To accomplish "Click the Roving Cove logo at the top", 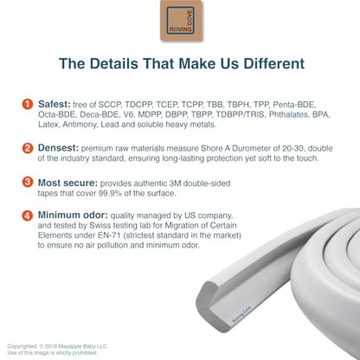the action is point(181,21).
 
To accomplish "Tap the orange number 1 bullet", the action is point(28,104).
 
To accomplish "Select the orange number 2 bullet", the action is point(28,148).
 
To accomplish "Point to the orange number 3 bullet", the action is point(28,182).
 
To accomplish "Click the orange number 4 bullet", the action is point(28,215).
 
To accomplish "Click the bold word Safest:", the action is point(55,104).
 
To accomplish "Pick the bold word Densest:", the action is point(58,148).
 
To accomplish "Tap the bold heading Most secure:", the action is point(67,183).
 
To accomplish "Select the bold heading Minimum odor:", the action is point(73,215).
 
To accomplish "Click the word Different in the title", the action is point(274,63).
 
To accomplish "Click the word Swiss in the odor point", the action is point(98,225).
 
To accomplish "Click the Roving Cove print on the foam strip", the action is point(241,315).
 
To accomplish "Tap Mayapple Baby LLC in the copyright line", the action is point(82,346).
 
